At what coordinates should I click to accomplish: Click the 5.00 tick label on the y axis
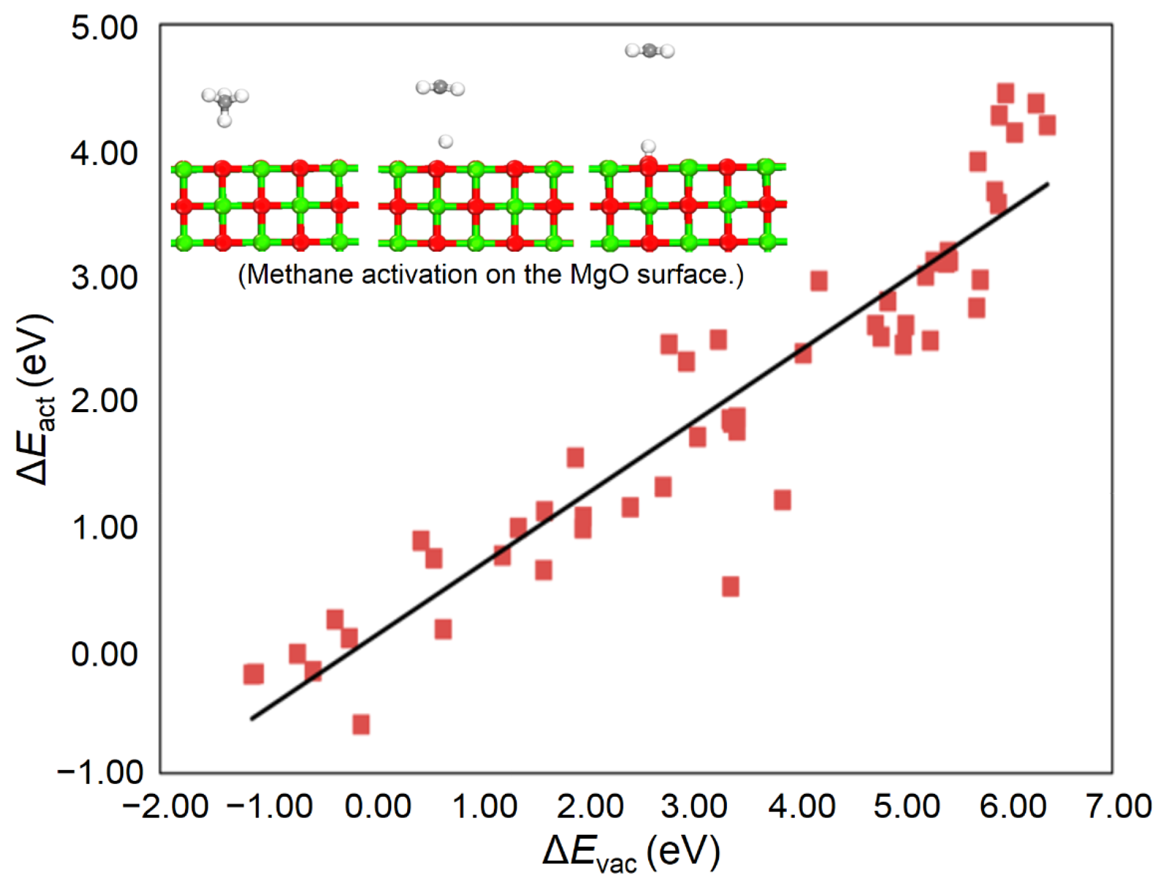[x=104, y=29]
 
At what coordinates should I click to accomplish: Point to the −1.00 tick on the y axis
[x=100, y=772]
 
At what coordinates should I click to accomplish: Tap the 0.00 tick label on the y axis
[x=104, y=654]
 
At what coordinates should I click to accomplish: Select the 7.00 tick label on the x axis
[x=1118, y=807]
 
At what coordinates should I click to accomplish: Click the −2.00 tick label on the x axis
[x=165, y=807]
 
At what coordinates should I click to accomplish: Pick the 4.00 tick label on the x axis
[x=801, y=807]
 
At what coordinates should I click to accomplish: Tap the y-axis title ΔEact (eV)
[x=35, y=400]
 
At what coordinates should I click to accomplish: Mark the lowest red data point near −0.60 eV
[x=361, y=725]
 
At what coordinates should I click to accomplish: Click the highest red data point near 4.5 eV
[x=1005, y=94]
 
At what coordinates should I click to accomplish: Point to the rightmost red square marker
[x=1047, y=125]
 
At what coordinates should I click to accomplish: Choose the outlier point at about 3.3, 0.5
[x=731, y=587]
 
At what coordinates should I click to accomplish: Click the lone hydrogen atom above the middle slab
[x=446, y=142]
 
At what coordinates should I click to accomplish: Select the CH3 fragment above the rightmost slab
[x=649, y=51]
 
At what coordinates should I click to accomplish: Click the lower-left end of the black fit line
[x=251, y=719]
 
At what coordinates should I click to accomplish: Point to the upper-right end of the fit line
[x=1048, y=183]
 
